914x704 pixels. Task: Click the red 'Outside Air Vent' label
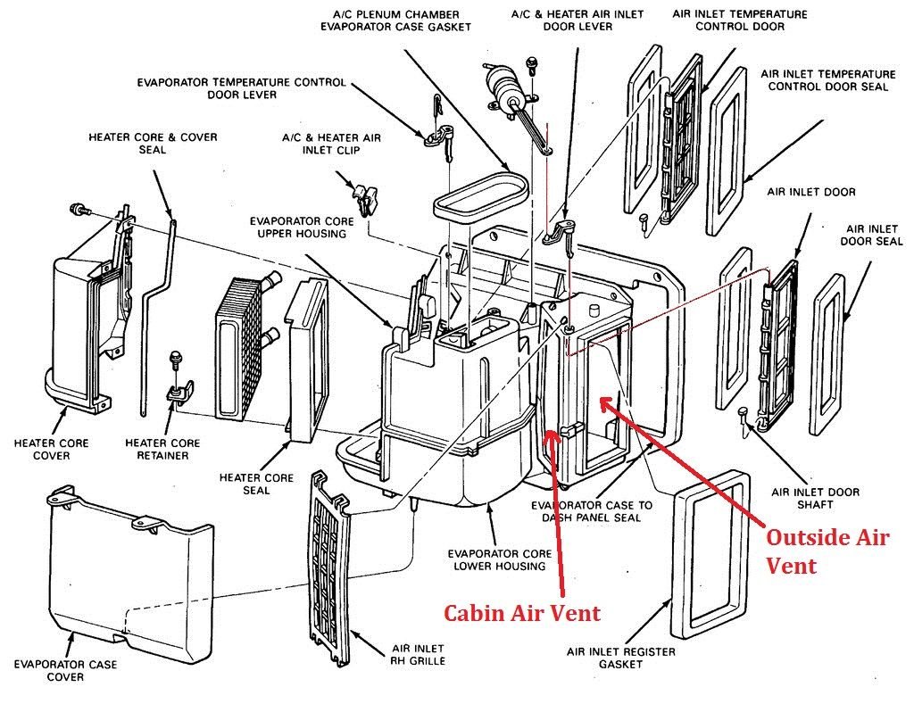[x=827, y=551]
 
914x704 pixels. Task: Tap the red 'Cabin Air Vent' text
[x=523, y=612]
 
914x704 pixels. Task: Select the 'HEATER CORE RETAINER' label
[x=162, y=449]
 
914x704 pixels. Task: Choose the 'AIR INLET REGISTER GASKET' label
[x=620, y=658]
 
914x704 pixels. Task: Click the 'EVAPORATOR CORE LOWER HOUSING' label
[x=498, y=559]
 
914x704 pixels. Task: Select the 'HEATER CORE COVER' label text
[x=51, y=449]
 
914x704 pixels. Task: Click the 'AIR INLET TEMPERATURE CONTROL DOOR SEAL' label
[x=828, y=80]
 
